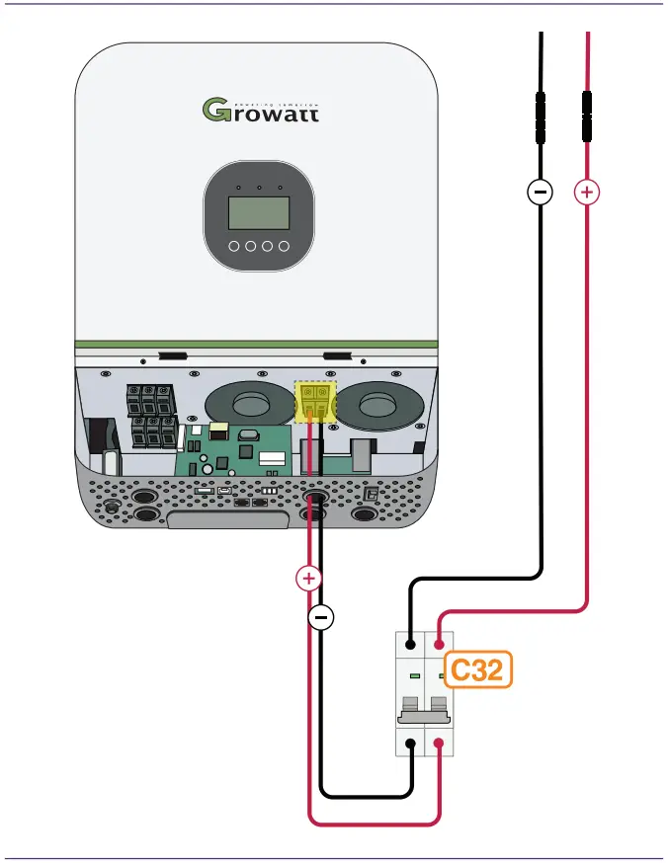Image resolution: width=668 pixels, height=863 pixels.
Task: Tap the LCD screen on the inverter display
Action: coord(259,212)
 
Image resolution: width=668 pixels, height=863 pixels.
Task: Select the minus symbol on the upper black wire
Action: coord(540,193)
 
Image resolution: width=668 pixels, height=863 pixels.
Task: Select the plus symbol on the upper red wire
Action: coord(587,193)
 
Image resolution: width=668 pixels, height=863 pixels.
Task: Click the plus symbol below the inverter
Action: coord(309,579)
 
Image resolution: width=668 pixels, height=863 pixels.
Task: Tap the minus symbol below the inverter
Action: coord(321,618)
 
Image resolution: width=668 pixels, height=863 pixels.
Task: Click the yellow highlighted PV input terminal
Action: coord(317,402)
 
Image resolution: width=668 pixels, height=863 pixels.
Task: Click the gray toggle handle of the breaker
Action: coord(425,707)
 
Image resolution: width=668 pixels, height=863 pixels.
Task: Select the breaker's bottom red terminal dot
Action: coord(438,744)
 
